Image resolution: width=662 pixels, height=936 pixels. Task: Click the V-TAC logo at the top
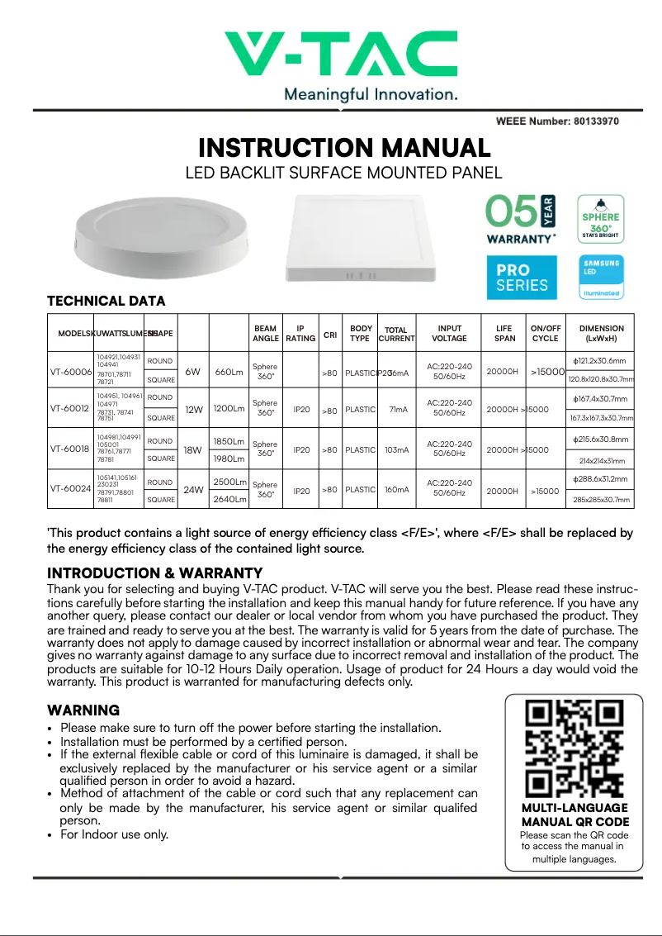(x=342, y=55)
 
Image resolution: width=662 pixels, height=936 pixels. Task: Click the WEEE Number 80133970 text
(x=557, y=121)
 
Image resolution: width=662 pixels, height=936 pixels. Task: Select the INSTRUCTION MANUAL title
(x=344, y=149)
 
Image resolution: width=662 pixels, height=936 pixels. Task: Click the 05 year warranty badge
(x=520, y=219)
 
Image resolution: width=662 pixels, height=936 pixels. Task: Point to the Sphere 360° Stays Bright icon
(x=599, y=218)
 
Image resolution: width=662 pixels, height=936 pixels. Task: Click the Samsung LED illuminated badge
(x=600, y=277)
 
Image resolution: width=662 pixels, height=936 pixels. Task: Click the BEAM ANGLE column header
(x=265, y=333)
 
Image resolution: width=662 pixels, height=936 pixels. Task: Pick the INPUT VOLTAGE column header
(x=449, y=333)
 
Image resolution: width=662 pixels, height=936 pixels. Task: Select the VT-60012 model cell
(x=70, y=408)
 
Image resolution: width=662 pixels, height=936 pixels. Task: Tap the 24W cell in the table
(x=193, y=490)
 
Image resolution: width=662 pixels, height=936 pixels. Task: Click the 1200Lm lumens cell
(x=229, y=408)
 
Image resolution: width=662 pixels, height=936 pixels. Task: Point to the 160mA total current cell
(x=396, y=490)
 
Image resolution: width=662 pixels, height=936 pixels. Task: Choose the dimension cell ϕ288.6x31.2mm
(x=599, y=479)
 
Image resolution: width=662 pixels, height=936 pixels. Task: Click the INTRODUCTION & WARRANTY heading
(x=154, y=573)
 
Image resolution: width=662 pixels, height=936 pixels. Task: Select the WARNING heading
(x=83, y=710)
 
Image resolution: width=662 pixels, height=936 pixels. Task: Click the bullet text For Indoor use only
(x=114, y=834)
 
